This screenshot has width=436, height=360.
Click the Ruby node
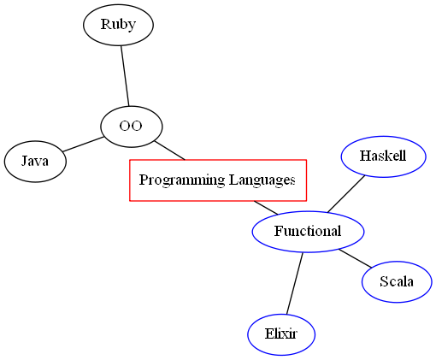point(118,24)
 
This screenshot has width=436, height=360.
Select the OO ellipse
point(131,127)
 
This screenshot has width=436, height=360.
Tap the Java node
point(35,161)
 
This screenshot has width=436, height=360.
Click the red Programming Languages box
point(217,180)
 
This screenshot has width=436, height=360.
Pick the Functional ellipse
point(308,231)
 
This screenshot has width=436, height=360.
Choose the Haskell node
point(383,156)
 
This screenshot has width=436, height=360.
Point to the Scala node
point(397,281)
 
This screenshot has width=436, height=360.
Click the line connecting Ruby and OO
point(124,75)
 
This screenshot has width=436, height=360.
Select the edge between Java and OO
point(82,144)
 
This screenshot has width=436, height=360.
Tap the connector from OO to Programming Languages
point(169,150)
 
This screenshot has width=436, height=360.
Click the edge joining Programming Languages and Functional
point(265,208)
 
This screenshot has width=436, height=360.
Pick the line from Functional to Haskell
point(345,194)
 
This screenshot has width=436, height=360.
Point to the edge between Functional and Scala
point(356,257)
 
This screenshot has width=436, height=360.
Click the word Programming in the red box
point(177,180)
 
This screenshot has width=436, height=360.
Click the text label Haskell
point(383,156)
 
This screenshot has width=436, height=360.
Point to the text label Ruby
point(118,24)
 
